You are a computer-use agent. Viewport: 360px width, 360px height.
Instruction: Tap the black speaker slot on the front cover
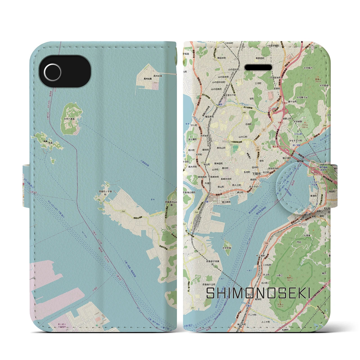[x=258, y=68]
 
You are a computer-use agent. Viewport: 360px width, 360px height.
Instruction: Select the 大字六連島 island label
[x=69, y=119]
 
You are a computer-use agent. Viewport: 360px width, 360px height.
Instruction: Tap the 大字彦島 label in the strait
[x=226, y=248]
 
